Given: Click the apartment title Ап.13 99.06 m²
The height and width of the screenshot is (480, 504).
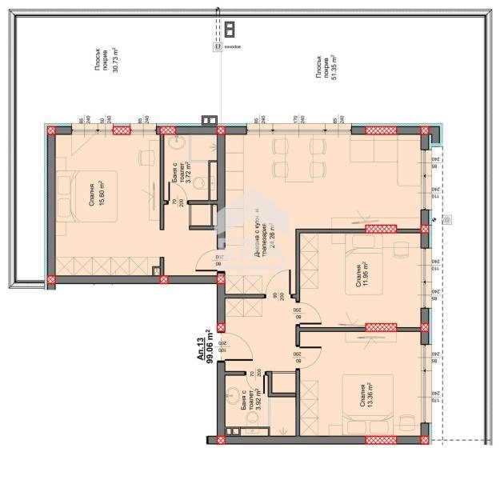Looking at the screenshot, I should point(206,346).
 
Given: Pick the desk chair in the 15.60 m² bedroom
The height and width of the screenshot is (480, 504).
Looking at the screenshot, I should point(147,157).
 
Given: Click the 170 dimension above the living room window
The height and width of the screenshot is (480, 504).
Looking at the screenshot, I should point(296,121).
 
